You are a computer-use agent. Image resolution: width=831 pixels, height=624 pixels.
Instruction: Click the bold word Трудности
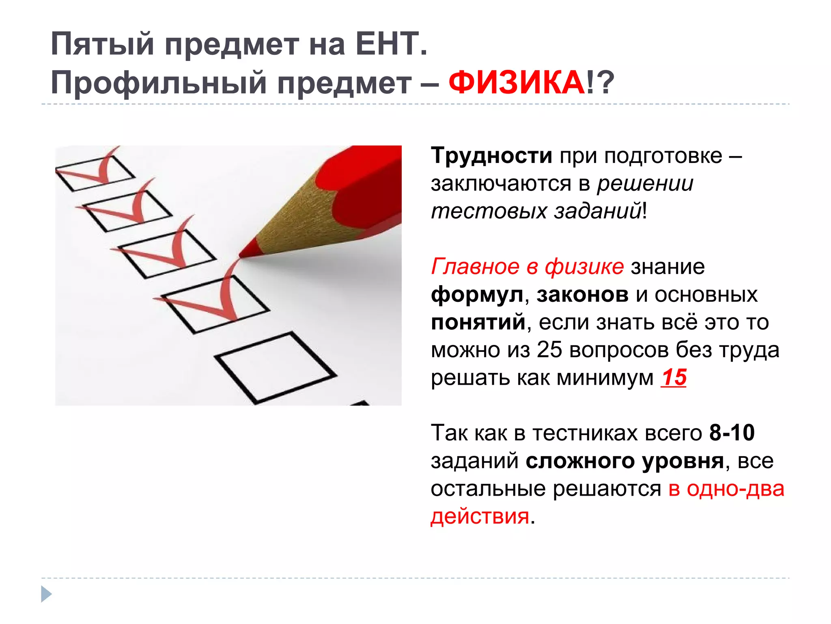click(x=491, y=156)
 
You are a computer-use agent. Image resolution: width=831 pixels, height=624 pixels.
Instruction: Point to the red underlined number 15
click(x=674, y=377)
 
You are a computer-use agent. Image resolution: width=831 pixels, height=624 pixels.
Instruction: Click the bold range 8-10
click(x=732, y=433)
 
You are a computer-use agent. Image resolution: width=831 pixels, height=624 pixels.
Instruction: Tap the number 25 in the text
click(x=549, y=350)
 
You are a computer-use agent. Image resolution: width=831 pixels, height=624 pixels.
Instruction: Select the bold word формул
click(x=477, y=295)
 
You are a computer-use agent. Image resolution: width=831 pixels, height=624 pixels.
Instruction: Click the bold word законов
click(x=582, y=295)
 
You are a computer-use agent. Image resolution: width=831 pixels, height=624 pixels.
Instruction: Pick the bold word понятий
click(x=478, y=322)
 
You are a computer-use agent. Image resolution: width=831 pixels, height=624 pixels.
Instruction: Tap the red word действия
click(x=480, y=516)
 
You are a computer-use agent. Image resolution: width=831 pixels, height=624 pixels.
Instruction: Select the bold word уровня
click(x=683, y=461)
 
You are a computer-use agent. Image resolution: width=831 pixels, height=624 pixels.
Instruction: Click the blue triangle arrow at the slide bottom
click(x=46, y=594)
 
